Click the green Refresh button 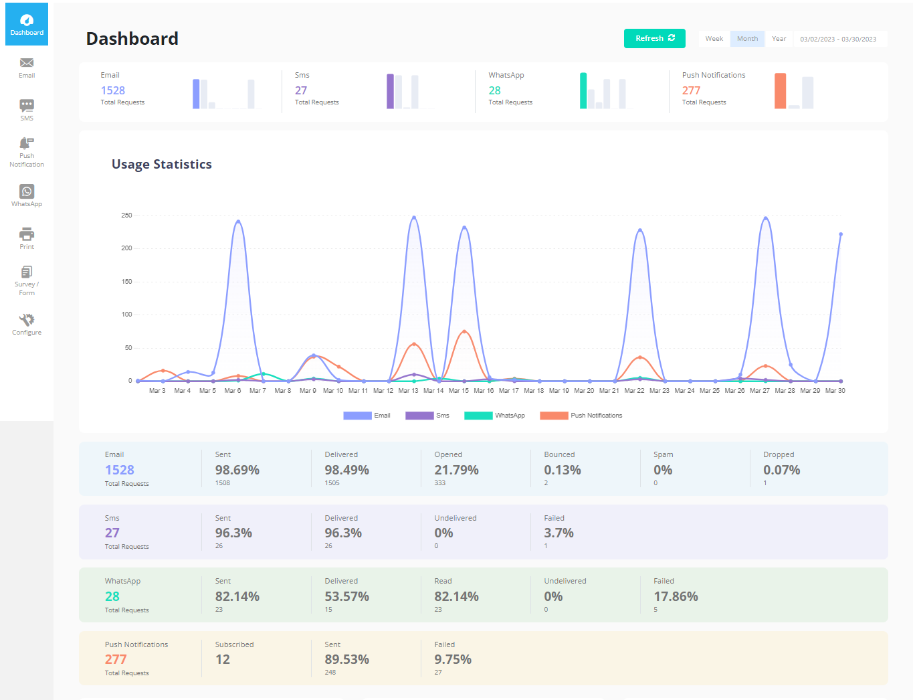(x=654, y=38)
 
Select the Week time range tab (x=714, y=39)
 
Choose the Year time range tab (x=779, y=39)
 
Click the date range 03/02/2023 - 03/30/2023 (x=838, y=39)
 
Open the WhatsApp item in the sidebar (x=27, y=195)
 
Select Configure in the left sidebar (x=27, y=324)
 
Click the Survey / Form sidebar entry (x=27, y=280)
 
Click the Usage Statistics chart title (x=162, y=165)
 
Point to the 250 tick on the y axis (x=126, y=215)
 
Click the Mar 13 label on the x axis (x=408, y=391)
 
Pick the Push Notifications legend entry (x=581, y=416)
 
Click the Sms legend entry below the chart (x=427, y=416)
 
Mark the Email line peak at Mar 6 (x=238, y=222)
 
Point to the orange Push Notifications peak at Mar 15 (x=464, y=331)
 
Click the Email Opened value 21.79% (x=456, y=470)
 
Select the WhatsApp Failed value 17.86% (x=676, y=596)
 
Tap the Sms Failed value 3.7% (x=559, y=533)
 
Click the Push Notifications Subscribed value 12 (x=223, y=659)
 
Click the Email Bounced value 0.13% (x=562, y=470)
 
